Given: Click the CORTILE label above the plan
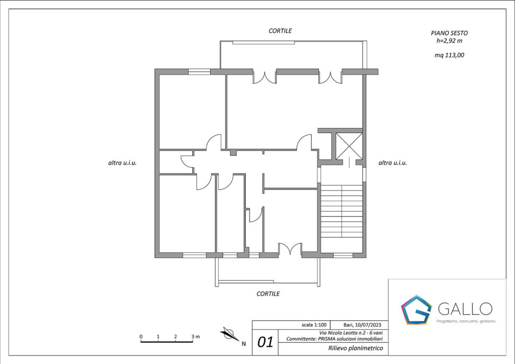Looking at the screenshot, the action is [280, 31].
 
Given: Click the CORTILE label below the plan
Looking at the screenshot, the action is [268, 294].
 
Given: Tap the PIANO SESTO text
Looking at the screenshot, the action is [449, 33].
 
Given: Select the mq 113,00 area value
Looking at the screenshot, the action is [449, 55].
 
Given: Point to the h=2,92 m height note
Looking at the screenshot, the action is [449, 41].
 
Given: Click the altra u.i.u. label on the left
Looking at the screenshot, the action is [122, 162].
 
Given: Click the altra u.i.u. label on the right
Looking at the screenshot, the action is [392, 162].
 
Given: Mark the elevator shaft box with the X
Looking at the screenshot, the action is [349, 146].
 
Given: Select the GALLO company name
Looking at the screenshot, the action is [465, 309].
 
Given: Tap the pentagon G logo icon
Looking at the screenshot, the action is [416, 310].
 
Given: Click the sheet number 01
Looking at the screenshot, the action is [265, 342].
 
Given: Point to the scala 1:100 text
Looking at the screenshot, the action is [314, 325].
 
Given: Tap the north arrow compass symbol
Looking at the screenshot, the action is [230, 334].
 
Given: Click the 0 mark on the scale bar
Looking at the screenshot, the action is [141, 336].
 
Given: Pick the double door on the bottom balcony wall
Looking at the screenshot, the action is [290, 249].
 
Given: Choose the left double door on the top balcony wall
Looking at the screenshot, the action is [265, 77].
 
